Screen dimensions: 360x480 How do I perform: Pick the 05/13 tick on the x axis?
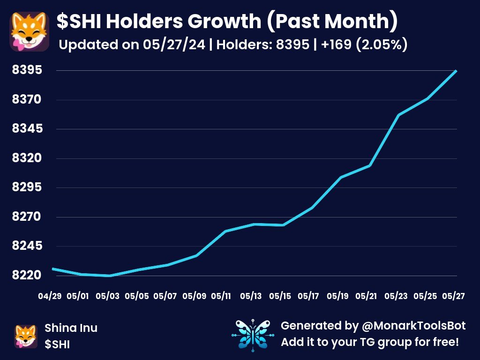pos(251,296)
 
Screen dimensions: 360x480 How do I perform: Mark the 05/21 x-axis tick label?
pos(366,296)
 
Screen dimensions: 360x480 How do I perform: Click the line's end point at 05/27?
pos(456,71)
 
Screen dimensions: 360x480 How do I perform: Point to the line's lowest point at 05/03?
pos(109,276)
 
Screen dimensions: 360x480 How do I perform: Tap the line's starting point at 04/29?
pos(52,269)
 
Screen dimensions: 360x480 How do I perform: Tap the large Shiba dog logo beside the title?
pos(29,32)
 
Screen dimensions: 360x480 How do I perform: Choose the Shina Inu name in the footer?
pos(71,328)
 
